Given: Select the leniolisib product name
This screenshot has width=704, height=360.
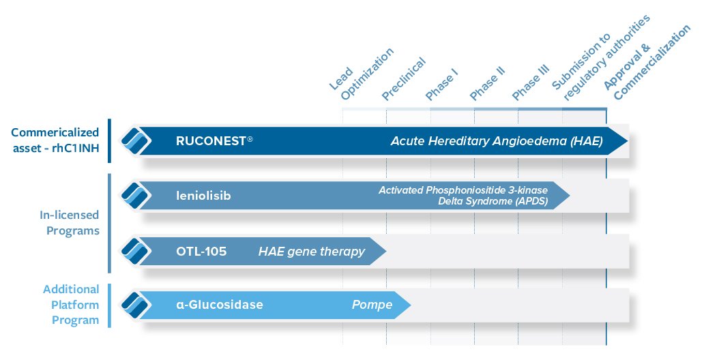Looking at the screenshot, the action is tap(203, 196).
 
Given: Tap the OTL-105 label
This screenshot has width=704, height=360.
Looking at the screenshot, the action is tap(201, 251).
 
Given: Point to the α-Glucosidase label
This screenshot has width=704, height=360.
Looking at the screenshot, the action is tap(220, 304).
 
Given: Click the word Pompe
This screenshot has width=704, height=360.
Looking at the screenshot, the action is tap(372, 305).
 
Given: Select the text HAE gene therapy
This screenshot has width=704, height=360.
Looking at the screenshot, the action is tap(312, 252).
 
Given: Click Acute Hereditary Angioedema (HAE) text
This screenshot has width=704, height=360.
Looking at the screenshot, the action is tap(497, 141).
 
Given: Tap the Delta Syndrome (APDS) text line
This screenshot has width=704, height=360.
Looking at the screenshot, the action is tap(493, 201).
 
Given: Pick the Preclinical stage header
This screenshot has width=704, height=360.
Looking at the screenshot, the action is tap(403, 79).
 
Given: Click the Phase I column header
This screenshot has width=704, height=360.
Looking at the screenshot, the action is tap(441, 85).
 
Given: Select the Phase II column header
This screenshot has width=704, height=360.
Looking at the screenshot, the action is tap(487, 83).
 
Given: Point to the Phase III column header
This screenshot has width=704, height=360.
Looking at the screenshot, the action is tap(531, 82).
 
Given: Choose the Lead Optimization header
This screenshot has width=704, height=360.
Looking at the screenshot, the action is tap(362, 74).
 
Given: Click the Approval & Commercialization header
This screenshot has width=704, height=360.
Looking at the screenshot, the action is tap(647, 62).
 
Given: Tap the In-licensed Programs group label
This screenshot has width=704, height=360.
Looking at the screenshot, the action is tap(70, 223).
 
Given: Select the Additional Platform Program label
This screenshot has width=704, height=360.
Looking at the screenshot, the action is tap(71, 305).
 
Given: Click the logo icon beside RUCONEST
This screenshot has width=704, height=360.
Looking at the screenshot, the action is tap(136, 141).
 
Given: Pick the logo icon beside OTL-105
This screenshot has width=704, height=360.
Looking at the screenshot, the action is tap(136, 251).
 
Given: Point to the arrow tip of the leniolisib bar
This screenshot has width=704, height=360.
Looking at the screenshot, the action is tap(570, 196).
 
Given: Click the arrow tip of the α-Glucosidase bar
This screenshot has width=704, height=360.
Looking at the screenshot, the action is tap(411, 305).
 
